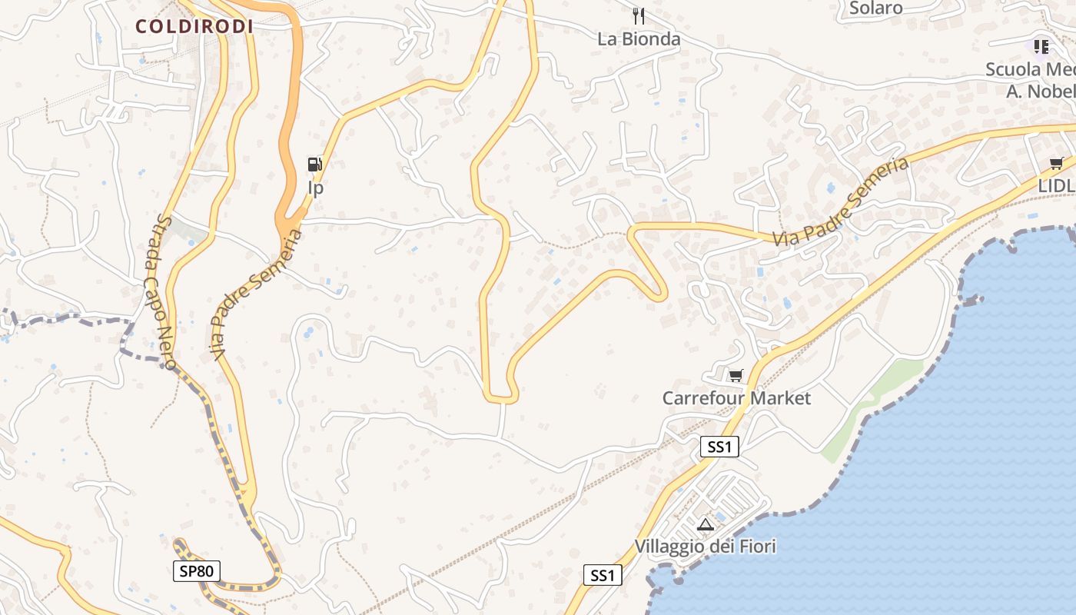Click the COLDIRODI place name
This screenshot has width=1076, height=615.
click(x=194, y=26)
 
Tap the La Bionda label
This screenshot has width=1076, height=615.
click(x=639, y=39)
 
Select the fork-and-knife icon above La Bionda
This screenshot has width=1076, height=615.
click(x=638, y=15)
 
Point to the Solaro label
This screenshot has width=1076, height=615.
click(x=876, y=8)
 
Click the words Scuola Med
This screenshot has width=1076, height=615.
click(x=1030, y=69)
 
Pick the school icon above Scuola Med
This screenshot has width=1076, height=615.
click(x=1041, y=47)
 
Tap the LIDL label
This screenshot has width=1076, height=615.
click(x=1056, y=186)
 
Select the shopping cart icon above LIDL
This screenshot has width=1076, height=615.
click(x=1056, y=163)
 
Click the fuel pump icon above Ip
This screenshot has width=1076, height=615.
click(x=314, y=164)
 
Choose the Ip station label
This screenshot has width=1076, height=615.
click(x=315, y=188)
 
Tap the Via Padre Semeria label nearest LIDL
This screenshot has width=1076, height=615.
click(x=841, y=201)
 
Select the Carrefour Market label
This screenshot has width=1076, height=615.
click(x=736, y=398)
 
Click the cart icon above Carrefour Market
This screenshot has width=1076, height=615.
click(x=736, y=375)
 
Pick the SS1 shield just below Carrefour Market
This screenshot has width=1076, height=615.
click(x=719, y=447)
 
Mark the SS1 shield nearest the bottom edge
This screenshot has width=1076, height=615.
click(x=602, y=575)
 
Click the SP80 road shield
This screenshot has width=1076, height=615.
click(x=197, y=570)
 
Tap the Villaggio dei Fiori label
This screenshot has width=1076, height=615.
click(x=705, y=547)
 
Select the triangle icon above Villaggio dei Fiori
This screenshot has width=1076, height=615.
click(x=705, y=525)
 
